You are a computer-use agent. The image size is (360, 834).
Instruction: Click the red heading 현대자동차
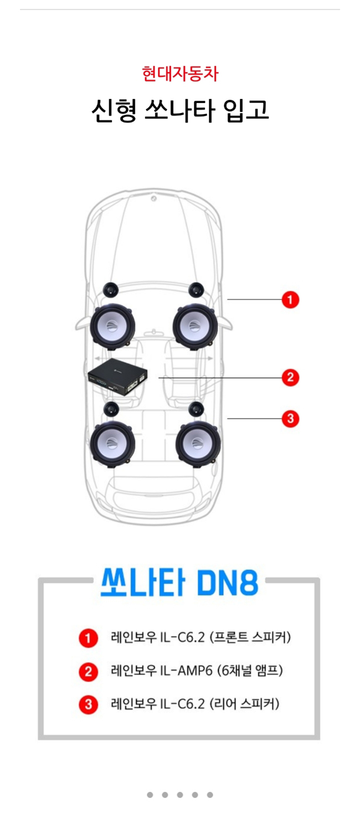[180, 73]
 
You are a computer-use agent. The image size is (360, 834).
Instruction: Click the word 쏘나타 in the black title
[179, 111]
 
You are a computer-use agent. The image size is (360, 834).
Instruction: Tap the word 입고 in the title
[246, 111]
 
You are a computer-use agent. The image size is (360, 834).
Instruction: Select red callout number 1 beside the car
[290, 300]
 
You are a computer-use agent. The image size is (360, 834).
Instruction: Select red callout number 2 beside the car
[290, 378]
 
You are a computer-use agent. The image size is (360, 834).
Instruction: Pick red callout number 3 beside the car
[290, 419]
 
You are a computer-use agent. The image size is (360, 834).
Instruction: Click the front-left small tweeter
[111, 289]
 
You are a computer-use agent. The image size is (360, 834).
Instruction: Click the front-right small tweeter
[196, 289]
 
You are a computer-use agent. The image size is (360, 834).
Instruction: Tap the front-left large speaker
[112, 326]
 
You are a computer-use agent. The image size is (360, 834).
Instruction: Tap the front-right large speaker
[196, 326]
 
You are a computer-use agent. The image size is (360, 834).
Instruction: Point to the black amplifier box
[118, 375]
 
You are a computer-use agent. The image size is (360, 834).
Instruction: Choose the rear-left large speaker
[112, 444]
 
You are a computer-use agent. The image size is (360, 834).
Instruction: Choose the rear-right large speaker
[198, 443]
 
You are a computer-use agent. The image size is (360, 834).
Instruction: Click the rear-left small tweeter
[111, 409]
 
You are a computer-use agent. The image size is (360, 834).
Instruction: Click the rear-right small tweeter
[196, 409]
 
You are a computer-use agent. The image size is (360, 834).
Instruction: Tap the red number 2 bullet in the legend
[88, 671]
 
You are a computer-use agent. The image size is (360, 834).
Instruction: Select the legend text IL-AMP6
[187, 671]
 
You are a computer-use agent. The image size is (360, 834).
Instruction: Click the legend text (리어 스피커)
[244, 704]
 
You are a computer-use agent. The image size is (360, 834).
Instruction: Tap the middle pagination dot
[180, 795]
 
